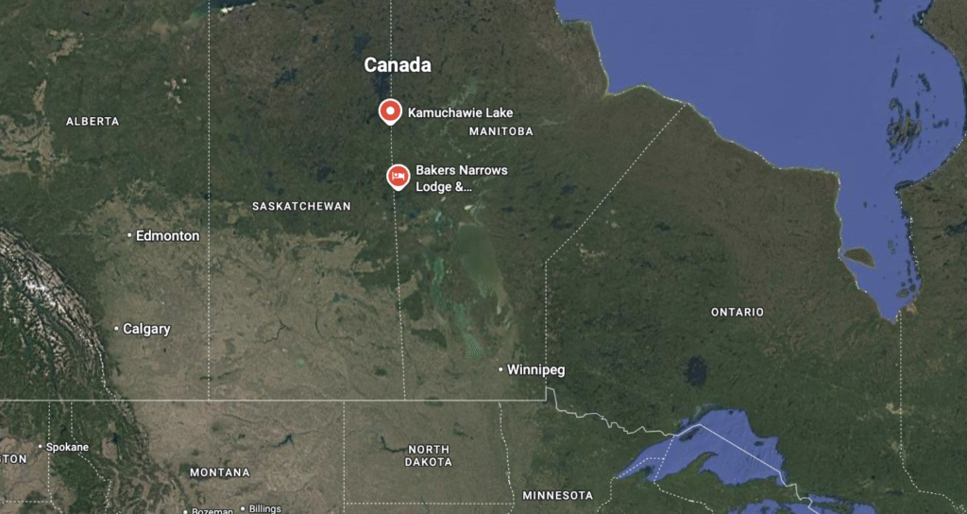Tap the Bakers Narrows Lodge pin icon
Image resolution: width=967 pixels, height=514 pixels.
pyautogui.click(x=399, y=176)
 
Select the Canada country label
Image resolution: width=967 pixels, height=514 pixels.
pyautogui.click(x=398, y=65)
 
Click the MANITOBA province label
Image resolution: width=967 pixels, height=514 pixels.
pyautogui.click(x=500, y=131)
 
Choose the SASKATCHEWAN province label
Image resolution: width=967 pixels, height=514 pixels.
pyautogui.click(x=301, y=206)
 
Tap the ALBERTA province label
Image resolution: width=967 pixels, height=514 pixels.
pyautogui.click(x=93, y=121)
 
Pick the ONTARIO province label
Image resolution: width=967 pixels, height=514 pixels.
pyautogui.click(x=738, y=312)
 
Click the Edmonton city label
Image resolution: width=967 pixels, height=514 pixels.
pyautogui.click(x=167, y=235)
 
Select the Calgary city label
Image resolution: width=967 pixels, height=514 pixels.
pyautogui.click(x=146, y=329)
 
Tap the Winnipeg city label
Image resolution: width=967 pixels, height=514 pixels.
pyautogui.click(x=535, y=369)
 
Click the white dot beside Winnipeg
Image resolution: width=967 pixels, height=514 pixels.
pyautogui.click(x=500, y=369)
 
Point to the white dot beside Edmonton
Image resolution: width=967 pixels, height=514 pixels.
pyautogui.click(x=129, y=235)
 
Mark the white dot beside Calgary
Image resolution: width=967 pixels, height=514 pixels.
pyautogui.click(x=116, y=329)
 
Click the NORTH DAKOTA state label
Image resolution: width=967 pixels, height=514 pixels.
pyautogui.click(x=429, y=455)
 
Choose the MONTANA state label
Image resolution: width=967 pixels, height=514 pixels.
pyautogui.click(x=220, y=471)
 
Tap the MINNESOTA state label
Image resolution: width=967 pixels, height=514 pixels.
pyautogui.click(x=557, y=495)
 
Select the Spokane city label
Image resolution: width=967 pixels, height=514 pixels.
pyautogui.click(x=68, y=446)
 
